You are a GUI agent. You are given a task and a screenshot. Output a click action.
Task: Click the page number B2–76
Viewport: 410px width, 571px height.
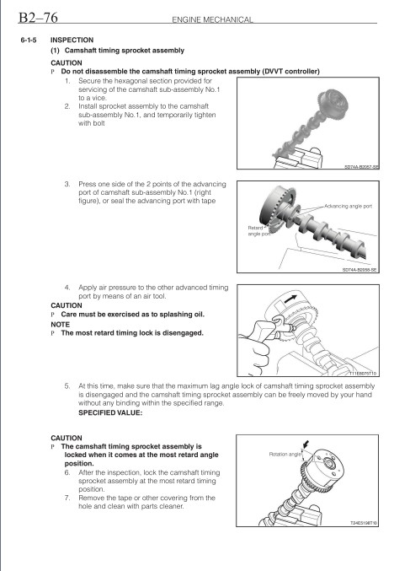click(38, 17)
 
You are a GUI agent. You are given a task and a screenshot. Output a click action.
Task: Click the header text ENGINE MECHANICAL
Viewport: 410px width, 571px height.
click(212, 19)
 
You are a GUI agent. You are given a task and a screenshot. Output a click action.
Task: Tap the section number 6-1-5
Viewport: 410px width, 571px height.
click(29, 40)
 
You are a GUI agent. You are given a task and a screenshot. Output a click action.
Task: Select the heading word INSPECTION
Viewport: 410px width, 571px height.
click(72, 40)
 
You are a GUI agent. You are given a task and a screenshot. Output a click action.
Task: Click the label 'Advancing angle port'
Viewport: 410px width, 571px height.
click(348, 206)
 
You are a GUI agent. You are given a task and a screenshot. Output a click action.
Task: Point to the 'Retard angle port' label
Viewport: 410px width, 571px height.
click(258, 231)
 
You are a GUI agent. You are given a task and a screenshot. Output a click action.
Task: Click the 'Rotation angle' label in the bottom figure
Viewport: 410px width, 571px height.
click(285, 454)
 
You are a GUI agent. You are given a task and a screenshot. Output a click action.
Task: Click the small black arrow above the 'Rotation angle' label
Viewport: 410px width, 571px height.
click(306, 444)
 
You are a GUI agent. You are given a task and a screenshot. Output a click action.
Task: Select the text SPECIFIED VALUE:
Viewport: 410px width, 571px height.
click(110, 413)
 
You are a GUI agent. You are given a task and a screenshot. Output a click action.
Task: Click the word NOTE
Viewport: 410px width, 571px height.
click(60, 324)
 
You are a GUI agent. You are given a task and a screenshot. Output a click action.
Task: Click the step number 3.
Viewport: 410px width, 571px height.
click(67, 184)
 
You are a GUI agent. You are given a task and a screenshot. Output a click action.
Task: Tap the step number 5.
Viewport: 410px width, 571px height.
click(67, 386)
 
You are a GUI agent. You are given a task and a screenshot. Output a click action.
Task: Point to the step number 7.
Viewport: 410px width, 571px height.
click(67, 498)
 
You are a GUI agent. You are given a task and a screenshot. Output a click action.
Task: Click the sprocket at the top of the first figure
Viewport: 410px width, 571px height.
click(333, 105)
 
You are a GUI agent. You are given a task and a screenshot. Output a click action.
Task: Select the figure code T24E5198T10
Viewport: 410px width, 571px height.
click(364, 523)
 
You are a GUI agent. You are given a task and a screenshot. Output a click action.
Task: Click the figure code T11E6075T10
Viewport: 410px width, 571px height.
click(363, 374)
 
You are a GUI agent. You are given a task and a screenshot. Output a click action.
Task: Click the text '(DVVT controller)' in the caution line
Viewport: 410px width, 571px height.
click(290, 72)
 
